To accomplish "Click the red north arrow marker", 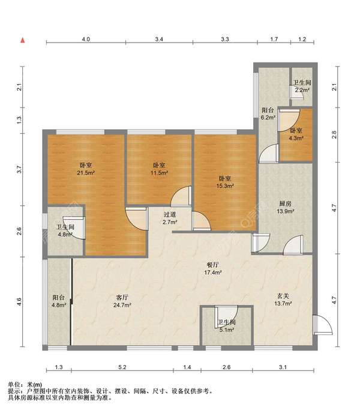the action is (23, 40).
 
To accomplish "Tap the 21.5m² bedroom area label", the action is (86, 169).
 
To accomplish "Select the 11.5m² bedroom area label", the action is (160, 169).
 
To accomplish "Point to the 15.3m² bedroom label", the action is (225, 182).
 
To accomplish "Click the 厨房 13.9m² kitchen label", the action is (285, 207).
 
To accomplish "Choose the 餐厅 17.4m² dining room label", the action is (213, 269).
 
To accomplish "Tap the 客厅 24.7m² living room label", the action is (122, 301).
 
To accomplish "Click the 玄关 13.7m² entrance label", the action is (283, 300).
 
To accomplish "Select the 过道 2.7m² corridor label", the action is (170, 219).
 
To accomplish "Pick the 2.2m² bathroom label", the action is (302, 86).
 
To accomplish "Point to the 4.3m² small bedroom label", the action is (296, 134).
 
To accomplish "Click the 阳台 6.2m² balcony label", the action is (268, 114).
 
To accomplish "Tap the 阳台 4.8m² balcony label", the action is (59, 301).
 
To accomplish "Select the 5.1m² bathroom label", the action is (227, 326).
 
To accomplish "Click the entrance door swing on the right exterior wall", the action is (323, 325).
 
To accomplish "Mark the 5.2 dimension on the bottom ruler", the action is (122, 367).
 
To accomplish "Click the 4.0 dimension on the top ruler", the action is (86, 39).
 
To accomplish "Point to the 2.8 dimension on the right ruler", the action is (334, 135).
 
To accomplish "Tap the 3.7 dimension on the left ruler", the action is (19, 169).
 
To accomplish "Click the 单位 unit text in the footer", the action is (14, 385).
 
